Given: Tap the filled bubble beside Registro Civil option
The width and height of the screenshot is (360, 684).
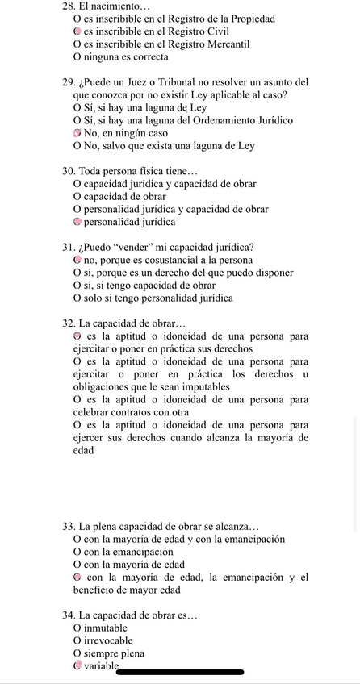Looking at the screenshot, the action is [77, 31].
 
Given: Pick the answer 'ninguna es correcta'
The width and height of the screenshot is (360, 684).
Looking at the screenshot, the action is [126, 56].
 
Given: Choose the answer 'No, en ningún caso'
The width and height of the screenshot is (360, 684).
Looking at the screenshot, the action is [124, 133].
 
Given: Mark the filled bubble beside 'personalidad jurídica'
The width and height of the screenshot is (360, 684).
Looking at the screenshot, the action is [77, 222].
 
